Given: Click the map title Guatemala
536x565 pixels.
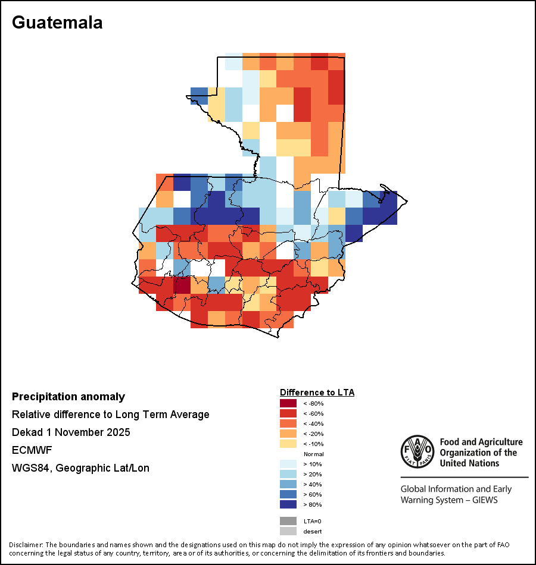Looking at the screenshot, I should (57, 23).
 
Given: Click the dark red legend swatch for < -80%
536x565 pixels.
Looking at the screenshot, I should (288, 403).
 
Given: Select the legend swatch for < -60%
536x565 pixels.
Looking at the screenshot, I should (288, 413).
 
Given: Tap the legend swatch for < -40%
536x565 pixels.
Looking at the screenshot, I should (288, 423).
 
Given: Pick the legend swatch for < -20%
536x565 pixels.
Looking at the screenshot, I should (288, 434).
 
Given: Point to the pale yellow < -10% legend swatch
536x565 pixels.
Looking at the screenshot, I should (288, 444).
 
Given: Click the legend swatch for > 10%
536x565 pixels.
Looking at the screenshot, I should (288, 464).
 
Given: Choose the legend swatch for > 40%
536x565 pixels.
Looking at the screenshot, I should (288, 484).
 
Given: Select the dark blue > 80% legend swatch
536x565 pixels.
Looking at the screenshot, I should (288, 504).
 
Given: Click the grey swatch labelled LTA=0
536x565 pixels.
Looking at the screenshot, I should (288, 521).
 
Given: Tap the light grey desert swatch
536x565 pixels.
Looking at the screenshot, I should (288, 531).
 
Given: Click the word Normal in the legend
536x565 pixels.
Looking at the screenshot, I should (313, 454).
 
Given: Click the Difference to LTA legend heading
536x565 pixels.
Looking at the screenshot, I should (317, 393).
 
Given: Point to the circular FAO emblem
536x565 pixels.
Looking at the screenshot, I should (416, 451).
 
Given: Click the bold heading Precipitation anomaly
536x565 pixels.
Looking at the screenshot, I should (68, 397).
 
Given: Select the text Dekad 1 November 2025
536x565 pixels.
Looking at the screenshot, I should (71, 432).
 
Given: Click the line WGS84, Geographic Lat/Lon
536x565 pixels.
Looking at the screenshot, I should (80, 468).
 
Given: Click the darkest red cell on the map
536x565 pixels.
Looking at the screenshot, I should (182, 285).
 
